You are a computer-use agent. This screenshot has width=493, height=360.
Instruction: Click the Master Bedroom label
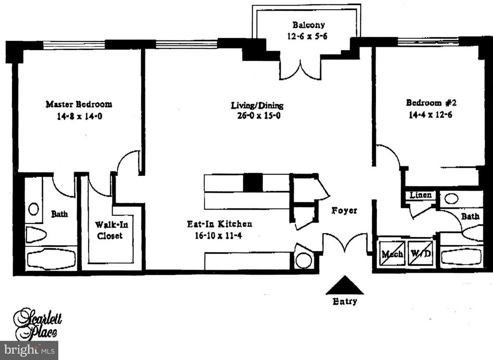coord(78,104)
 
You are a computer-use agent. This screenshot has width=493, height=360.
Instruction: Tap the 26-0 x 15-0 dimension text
coord(257,116)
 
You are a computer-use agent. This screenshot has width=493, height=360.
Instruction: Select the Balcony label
coord(308,25)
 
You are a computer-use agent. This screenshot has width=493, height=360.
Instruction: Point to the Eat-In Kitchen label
coord(220,224)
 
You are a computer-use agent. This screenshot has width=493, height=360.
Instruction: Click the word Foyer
coord(344,211)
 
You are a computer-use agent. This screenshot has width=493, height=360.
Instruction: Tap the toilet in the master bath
coord(36,235)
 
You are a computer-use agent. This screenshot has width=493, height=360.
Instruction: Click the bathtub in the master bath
coord(52,259)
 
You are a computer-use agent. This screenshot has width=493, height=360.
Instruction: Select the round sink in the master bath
coord(34,209)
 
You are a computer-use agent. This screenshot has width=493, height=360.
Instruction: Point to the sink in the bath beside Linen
coord(451,198)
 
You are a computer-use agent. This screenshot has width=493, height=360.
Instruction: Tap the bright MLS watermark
coord(29,349)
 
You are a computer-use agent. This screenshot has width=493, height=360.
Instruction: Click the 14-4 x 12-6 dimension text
coord(430,115)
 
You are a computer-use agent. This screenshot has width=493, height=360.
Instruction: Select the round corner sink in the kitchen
coord(304,260)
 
